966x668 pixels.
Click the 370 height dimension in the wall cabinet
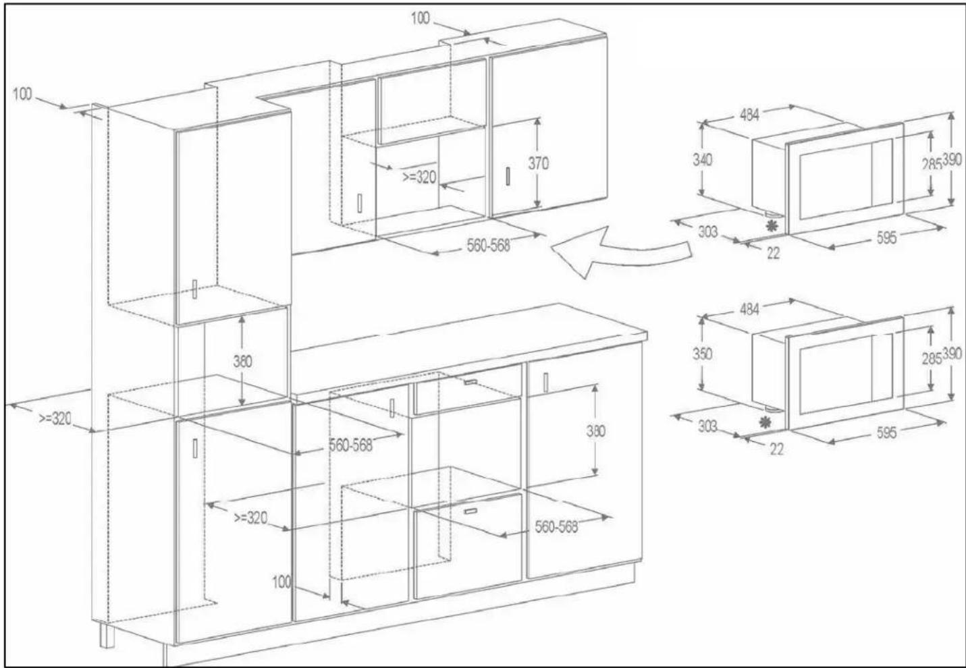coord(539,163)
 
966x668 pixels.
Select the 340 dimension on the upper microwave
coord(703,160)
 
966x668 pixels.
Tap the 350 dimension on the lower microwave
coord(703,354)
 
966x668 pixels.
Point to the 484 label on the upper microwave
coord(749,115)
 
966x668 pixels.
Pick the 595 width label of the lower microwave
coord(886,433)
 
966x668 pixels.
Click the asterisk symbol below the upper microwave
coord(772,226)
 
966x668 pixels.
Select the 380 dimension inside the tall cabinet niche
coord(242,361)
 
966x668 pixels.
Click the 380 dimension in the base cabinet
coord(595,431)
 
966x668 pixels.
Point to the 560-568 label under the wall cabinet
coord(488,246)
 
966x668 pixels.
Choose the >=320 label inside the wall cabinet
coord(419,177)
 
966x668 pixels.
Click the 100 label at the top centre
coord(420,18)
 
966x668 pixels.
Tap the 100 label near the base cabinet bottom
coord(282,582)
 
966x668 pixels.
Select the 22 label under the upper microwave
coord(774,254)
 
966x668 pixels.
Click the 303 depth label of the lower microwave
coord(707,426)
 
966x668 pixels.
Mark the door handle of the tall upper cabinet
coord(195,289)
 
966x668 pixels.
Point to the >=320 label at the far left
coord(55,418)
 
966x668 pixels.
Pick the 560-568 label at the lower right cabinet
coord(556,527)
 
